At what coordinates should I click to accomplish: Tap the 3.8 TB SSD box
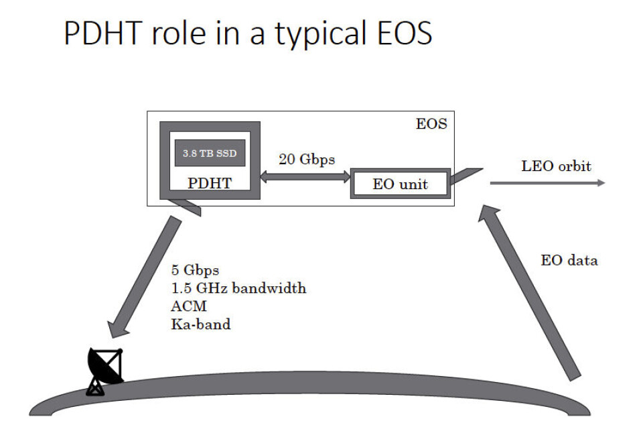tap(210, 154)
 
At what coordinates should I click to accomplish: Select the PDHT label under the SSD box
tap(210, 182)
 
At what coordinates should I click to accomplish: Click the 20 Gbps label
tap(307, 160)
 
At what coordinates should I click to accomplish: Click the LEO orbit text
tap(556, 165)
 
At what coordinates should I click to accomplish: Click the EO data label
tap(569, 260)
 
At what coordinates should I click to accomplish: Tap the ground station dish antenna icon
tap(105, 369)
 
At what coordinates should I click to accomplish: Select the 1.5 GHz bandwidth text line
tap(238, 289)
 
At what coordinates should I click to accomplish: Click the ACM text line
tap(187, 306)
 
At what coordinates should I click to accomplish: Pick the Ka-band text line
tap(200, 324)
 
